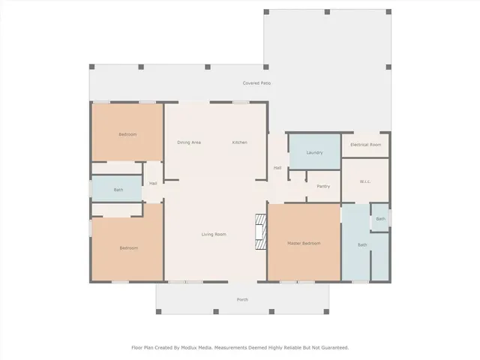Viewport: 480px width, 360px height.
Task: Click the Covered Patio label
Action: [256, 82]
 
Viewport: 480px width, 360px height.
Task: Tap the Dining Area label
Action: [188, 142]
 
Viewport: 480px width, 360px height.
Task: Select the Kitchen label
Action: [239, 142]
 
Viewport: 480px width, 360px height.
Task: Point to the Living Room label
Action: [214, 235]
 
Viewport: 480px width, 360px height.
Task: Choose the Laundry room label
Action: [314, 152]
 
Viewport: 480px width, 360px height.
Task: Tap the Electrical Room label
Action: [365, 144]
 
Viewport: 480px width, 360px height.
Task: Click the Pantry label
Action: [323, 186]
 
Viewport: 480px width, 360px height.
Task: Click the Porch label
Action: [242, 299]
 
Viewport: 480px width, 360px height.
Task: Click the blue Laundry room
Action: [314, 161]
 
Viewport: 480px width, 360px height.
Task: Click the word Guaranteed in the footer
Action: [332, 347]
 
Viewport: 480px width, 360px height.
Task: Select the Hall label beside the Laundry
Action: [277, 167]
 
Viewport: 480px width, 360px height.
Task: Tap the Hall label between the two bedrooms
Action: [153, 183]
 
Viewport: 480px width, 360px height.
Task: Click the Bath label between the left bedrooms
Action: [118, 190]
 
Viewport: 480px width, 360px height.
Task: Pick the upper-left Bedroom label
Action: [127, 134]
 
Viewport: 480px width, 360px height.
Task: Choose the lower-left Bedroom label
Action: [128, 247]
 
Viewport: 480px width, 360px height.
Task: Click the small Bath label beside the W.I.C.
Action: [380, 218]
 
